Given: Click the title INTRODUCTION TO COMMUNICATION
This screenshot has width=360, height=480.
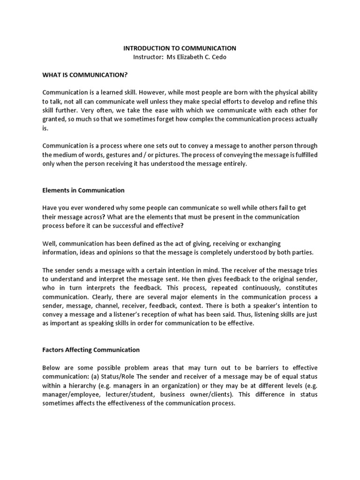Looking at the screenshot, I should pos(180,48).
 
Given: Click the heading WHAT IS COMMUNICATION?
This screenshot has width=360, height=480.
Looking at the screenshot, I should pos(85,75).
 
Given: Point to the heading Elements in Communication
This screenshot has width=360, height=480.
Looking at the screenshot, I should pos(83,190).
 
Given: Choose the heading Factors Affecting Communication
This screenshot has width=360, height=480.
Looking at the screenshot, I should pos(91,350).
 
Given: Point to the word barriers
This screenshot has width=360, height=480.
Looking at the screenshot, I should pos(253,367).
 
